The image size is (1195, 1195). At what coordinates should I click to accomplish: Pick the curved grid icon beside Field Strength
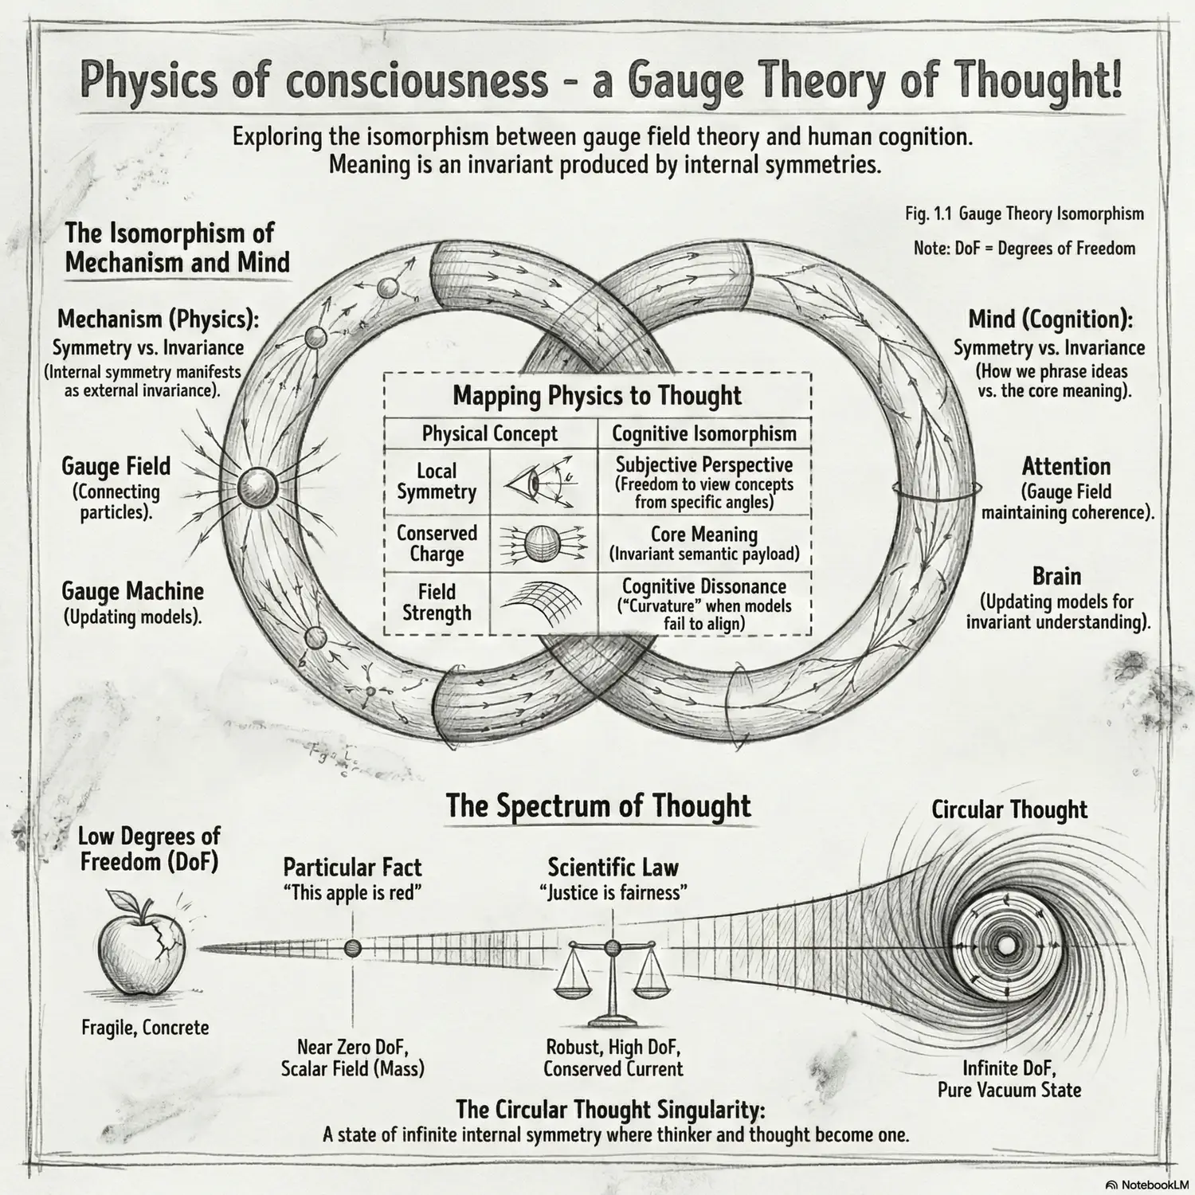542,603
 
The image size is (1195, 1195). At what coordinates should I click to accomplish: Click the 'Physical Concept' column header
489,434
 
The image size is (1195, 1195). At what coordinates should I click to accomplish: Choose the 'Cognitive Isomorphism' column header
703,434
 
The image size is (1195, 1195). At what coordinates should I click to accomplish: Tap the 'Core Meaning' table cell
703,543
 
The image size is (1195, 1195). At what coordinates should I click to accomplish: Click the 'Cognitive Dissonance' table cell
703,603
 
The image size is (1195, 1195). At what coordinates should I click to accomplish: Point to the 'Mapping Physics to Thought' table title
597,396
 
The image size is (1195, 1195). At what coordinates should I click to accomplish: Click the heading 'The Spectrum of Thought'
597,806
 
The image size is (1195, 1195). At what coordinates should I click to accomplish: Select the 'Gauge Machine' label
132,592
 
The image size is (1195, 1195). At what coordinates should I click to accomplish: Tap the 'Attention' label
1066,467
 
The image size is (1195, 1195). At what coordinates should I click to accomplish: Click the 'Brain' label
1056,577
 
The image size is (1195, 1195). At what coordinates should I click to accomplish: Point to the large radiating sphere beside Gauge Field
257,484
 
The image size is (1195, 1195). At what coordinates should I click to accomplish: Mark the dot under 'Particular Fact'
352,948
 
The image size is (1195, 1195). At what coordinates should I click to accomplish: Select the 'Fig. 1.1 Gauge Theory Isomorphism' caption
1024,214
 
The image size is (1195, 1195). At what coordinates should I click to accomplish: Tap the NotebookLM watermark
1147,1185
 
